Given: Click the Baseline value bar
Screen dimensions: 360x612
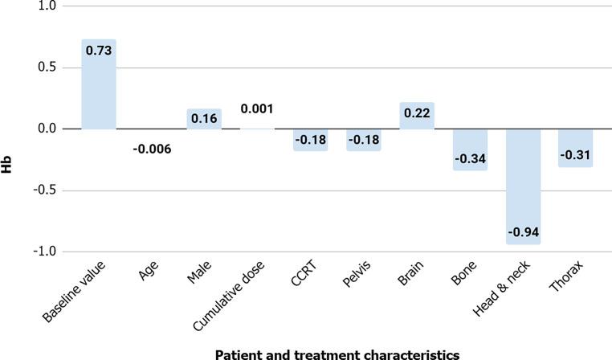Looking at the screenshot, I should pos(99,84).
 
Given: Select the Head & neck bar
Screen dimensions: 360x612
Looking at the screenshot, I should pos(523,186).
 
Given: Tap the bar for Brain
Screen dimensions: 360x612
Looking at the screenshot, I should pos(417,116).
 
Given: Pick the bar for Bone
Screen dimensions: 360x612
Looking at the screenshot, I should pos(470,149).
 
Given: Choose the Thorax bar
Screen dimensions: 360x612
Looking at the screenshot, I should pos(576,148).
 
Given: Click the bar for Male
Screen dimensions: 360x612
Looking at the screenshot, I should pos(204,119).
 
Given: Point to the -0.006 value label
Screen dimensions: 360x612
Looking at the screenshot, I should pos(151,148).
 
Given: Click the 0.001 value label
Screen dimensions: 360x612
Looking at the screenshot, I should pos(257,109).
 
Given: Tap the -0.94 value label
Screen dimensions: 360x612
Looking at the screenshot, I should pos(523,232).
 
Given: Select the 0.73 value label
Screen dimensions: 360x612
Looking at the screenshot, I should pos(99,50).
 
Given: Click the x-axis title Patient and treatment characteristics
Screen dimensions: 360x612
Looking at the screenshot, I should pos(337,354).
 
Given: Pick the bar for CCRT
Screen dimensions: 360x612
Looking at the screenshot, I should pos(310,140).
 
